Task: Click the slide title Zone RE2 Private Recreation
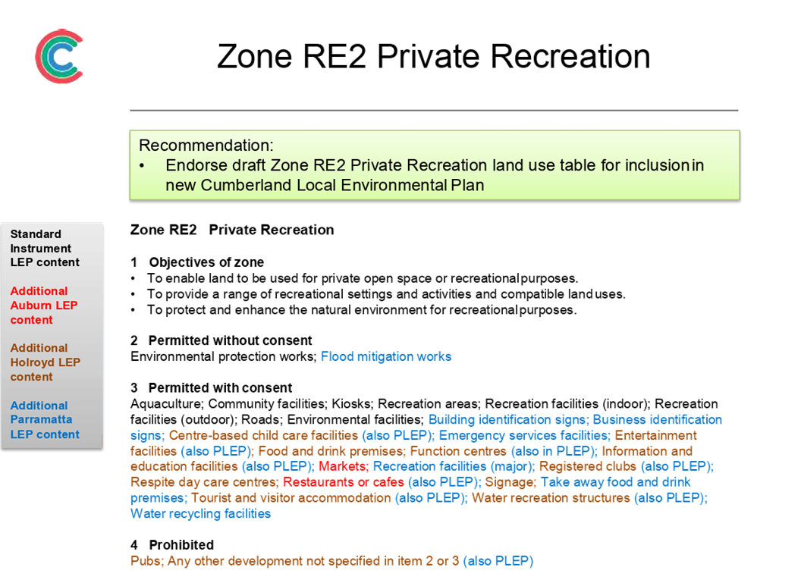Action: [x=434, y=56]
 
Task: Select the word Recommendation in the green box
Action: [x=206, y=146]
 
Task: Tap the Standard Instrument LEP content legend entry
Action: [x=45, y=248]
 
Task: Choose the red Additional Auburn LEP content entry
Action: [x=44, y=306]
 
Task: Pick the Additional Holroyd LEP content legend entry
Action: [x=45, y=362]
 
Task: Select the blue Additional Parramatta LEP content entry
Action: [x=45, y=419]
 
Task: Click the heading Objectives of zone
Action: [x=206, y=262]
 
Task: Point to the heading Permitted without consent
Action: [x=230, y=340]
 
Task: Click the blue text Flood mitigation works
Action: [x=386, y=356]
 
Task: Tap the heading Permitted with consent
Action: [x=220, y=388]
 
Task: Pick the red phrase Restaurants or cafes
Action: [x=344, y=482]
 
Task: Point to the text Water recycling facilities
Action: [x=200, y=513]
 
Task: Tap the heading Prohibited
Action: [x=181, y=545]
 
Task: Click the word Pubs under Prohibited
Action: [x=146, y=561]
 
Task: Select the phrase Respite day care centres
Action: [x=204, y=482]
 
